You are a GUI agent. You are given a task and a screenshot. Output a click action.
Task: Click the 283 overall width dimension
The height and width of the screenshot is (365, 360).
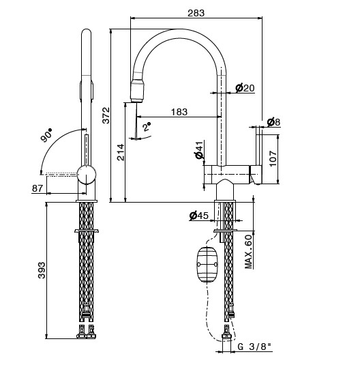tap(196, 13)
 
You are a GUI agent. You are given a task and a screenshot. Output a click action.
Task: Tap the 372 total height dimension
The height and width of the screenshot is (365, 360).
tap(106, 115)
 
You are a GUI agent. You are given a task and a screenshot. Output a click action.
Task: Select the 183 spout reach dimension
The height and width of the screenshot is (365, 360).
tap(179, 112)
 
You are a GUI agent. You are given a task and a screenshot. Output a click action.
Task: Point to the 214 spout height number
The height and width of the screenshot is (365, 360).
tap(121, 152)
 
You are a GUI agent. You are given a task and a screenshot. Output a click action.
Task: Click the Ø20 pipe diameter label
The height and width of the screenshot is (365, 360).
tap(245, 88)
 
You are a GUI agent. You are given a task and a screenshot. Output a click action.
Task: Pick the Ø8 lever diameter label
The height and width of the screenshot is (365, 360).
tap(273, 122)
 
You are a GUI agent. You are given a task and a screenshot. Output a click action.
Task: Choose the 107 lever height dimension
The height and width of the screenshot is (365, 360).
tap(273, 158)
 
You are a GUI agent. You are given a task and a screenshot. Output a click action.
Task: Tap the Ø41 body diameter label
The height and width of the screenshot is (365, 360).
tap(199, 150)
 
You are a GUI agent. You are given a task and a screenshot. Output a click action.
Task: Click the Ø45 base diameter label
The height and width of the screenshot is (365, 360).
tap(199, 216)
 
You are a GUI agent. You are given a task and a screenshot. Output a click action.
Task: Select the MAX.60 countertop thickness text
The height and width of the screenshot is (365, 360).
tap(249, 252)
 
